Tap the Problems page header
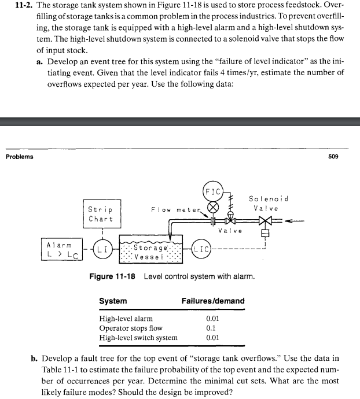coord(19,156)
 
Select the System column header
coord(113,301)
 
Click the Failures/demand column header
coord(213,301)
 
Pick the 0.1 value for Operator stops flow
coord(212,328)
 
